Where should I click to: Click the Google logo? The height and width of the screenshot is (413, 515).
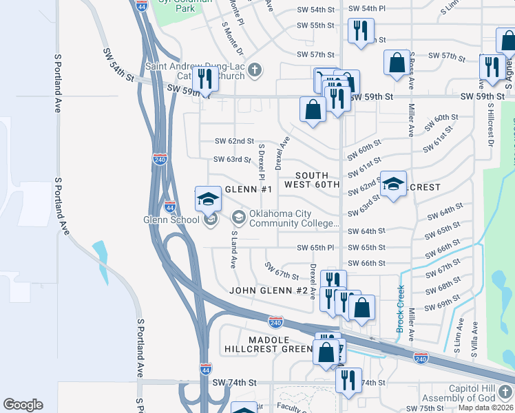[23, 405]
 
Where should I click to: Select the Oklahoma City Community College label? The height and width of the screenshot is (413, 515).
[294, 218]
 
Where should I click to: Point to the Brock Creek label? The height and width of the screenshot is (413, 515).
[400, 309]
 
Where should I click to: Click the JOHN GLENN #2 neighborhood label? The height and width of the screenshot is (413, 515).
[268, 290]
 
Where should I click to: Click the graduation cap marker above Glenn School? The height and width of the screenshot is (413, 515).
[208, 200]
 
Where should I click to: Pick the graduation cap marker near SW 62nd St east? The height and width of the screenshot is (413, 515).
[393, 184]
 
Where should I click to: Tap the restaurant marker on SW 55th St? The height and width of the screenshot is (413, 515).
[361, 30]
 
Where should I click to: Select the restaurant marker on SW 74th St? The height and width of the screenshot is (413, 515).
[348, 379]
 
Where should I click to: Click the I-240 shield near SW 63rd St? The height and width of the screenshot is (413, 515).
[160, 158]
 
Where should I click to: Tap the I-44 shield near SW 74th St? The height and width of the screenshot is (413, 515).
[205, 368]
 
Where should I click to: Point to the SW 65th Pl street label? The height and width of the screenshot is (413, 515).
[315, 247]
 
